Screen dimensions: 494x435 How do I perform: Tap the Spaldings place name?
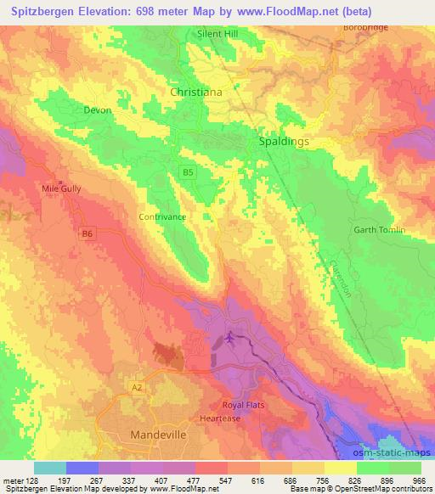point(283,143)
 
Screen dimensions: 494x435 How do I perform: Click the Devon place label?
point(98,110)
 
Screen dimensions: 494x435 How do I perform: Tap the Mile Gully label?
point(61,188)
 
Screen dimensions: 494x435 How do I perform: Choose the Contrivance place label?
point(161,216)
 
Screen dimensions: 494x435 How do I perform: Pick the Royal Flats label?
point(244,405)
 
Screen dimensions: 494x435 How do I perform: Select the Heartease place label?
point(221,418)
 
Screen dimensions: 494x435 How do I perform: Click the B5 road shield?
point(187,173)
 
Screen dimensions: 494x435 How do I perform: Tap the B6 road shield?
point(88,233)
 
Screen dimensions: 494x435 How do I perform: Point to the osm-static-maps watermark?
point(399,453)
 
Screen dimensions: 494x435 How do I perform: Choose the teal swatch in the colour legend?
point(50,468)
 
